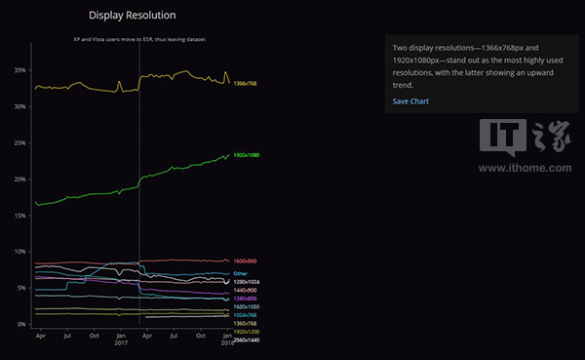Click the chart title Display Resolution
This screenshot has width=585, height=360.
pos(132,16)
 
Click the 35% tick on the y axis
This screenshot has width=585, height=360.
pos(19,70)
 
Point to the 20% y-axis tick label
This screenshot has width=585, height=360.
pos(19,179)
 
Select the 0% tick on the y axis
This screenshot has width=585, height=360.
pos(21,324)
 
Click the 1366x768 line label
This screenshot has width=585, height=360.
pos(248,84)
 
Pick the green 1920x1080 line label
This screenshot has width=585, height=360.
pos(248,155)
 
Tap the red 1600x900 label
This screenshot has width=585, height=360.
pos(246,261)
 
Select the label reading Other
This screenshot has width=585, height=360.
pos(240,273)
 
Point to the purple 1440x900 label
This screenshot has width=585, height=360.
pos(246,291)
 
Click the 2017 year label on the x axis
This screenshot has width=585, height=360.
pos(121,343)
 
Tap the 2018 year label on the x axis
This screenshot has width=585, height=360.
pos(226,343)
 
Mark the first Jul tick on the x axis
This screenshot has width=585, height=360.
pos(66,336)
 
